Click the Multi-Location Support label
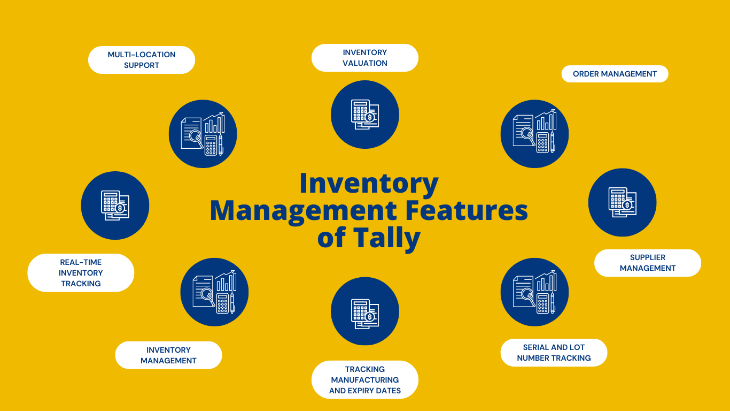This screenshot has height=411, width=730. click(142, 60)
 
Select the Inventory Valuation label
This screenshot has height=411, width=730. click(365, 58)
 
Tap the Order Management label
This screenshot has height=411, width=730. click(615, 74)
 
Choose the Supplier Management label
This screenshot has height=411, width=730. click(648, 263)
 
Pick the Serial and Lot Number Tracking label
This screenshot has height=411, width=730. click(554, 353)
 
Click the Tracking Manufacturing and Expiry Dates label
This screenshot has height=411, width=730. click(365, 380)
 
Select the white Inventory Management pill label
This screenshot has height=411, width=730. click(168, 355)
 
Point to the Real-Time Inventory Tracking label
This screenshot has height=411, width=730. click(81, 273)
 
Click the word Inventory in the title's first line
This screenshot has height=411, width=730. click(369, 183)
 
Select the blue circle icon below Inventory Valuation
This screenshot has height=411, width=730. click(365, 115)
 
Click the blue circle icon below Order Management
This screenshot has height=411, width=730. click(534, 134)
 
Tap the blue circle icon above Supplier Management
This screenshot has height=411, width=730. click(622, 202)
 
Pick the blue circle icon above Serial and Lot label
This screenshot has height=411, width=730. click(534, 292)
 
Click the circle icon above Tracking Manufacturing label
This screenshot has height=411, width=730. click(365, 311)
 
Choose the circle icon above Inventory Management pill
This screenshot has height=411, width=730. click(214, 292)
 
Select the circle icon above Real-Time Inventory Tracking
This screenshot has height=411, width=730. click(115, 205)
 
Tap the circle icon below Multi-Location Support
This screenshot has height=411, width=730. click(203, 134)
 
